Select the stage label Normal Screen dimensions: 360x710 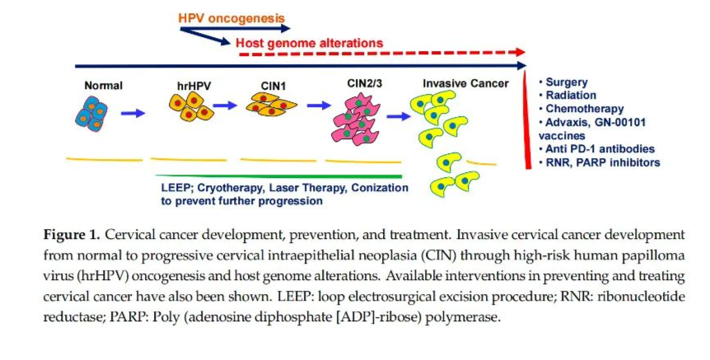[x=103, y=85]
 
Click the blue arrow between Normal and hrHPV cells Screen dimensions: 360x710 [x=133, y=112]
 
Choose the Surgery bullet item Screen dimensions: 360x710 [x=566, y=82]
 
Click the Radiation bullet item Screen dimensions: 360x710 [x=569, y=96]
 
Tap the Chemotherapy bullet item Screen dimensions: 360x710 [x=582, y=109]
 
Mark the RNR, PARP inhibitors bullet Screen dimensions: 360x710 [x=600, y=162]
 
